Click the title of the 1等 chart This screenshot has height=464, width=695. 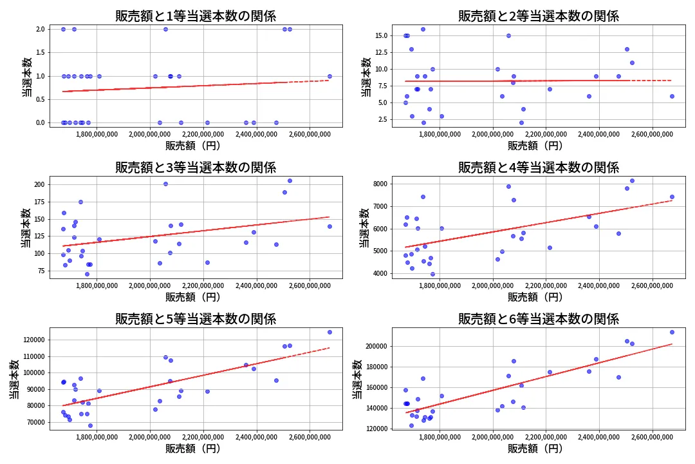pos(196,16)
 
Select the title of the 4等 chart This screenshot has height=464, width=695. pos(538,168)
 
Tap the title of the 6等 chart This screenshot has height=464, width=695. pos(538,318)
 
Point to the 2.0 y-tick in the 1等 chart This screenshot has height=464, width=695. pos(40,29)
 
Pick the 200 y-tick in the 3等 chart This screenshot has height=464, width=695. pos(39,184)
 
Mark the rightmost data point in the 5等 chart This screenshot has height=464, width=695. pos(329,332)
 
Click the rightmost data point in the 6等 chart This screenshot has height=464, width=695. pos(672,332)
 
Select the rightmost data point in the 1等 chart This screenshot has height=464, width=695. pos(329,76)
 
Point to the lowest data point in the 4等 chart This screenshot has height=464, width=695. pos(432,274)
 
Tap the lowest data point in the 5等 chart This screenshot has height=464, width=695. pos(90,425)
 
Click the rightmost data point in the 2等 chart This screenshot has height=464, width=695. pos(672,96)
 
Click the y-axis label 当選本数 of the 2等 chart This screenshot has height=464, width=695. pos(366,77)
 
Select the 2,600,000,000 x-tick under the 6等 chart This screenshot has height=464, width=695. pos(653,438)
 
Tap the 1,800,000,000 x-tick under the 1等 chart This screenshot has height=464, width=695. pos(97,135)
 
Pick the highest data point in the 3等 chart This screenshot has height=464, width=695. pos(290,180)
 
